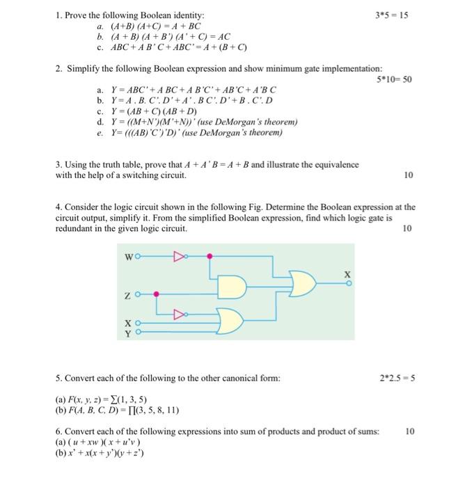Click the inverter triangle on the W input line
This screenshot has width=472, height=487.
pyautogui.click(x=180, y=257)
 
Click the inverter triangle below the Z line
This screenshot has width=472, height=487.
pyautogui.click(x=180, y=313)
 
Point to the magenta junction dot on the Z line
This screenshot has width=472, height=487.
pyautogui.click(x=156, y=294)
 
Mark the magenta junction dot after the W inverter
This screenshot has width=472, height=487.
pyautogui.click(x=210, y=257)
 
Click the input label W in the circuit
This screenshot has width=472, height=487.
pyautogui.click(x=128, y=257)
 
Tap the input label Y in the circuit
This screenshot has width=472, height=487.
pyautogui.click(x=127, y=333)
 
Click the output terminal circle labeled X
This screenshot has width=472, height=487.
pyautogui.click(x=349, y=284)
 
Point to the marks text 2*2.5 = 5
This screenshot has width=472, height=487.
pyautogui.click(x=396, y=378)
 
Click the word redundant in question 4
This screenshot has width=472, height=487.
pyautogui.click(x=75, y=228)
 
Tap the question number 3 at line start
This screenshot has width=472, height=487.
pyautogui.click(x=58, y=165)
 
